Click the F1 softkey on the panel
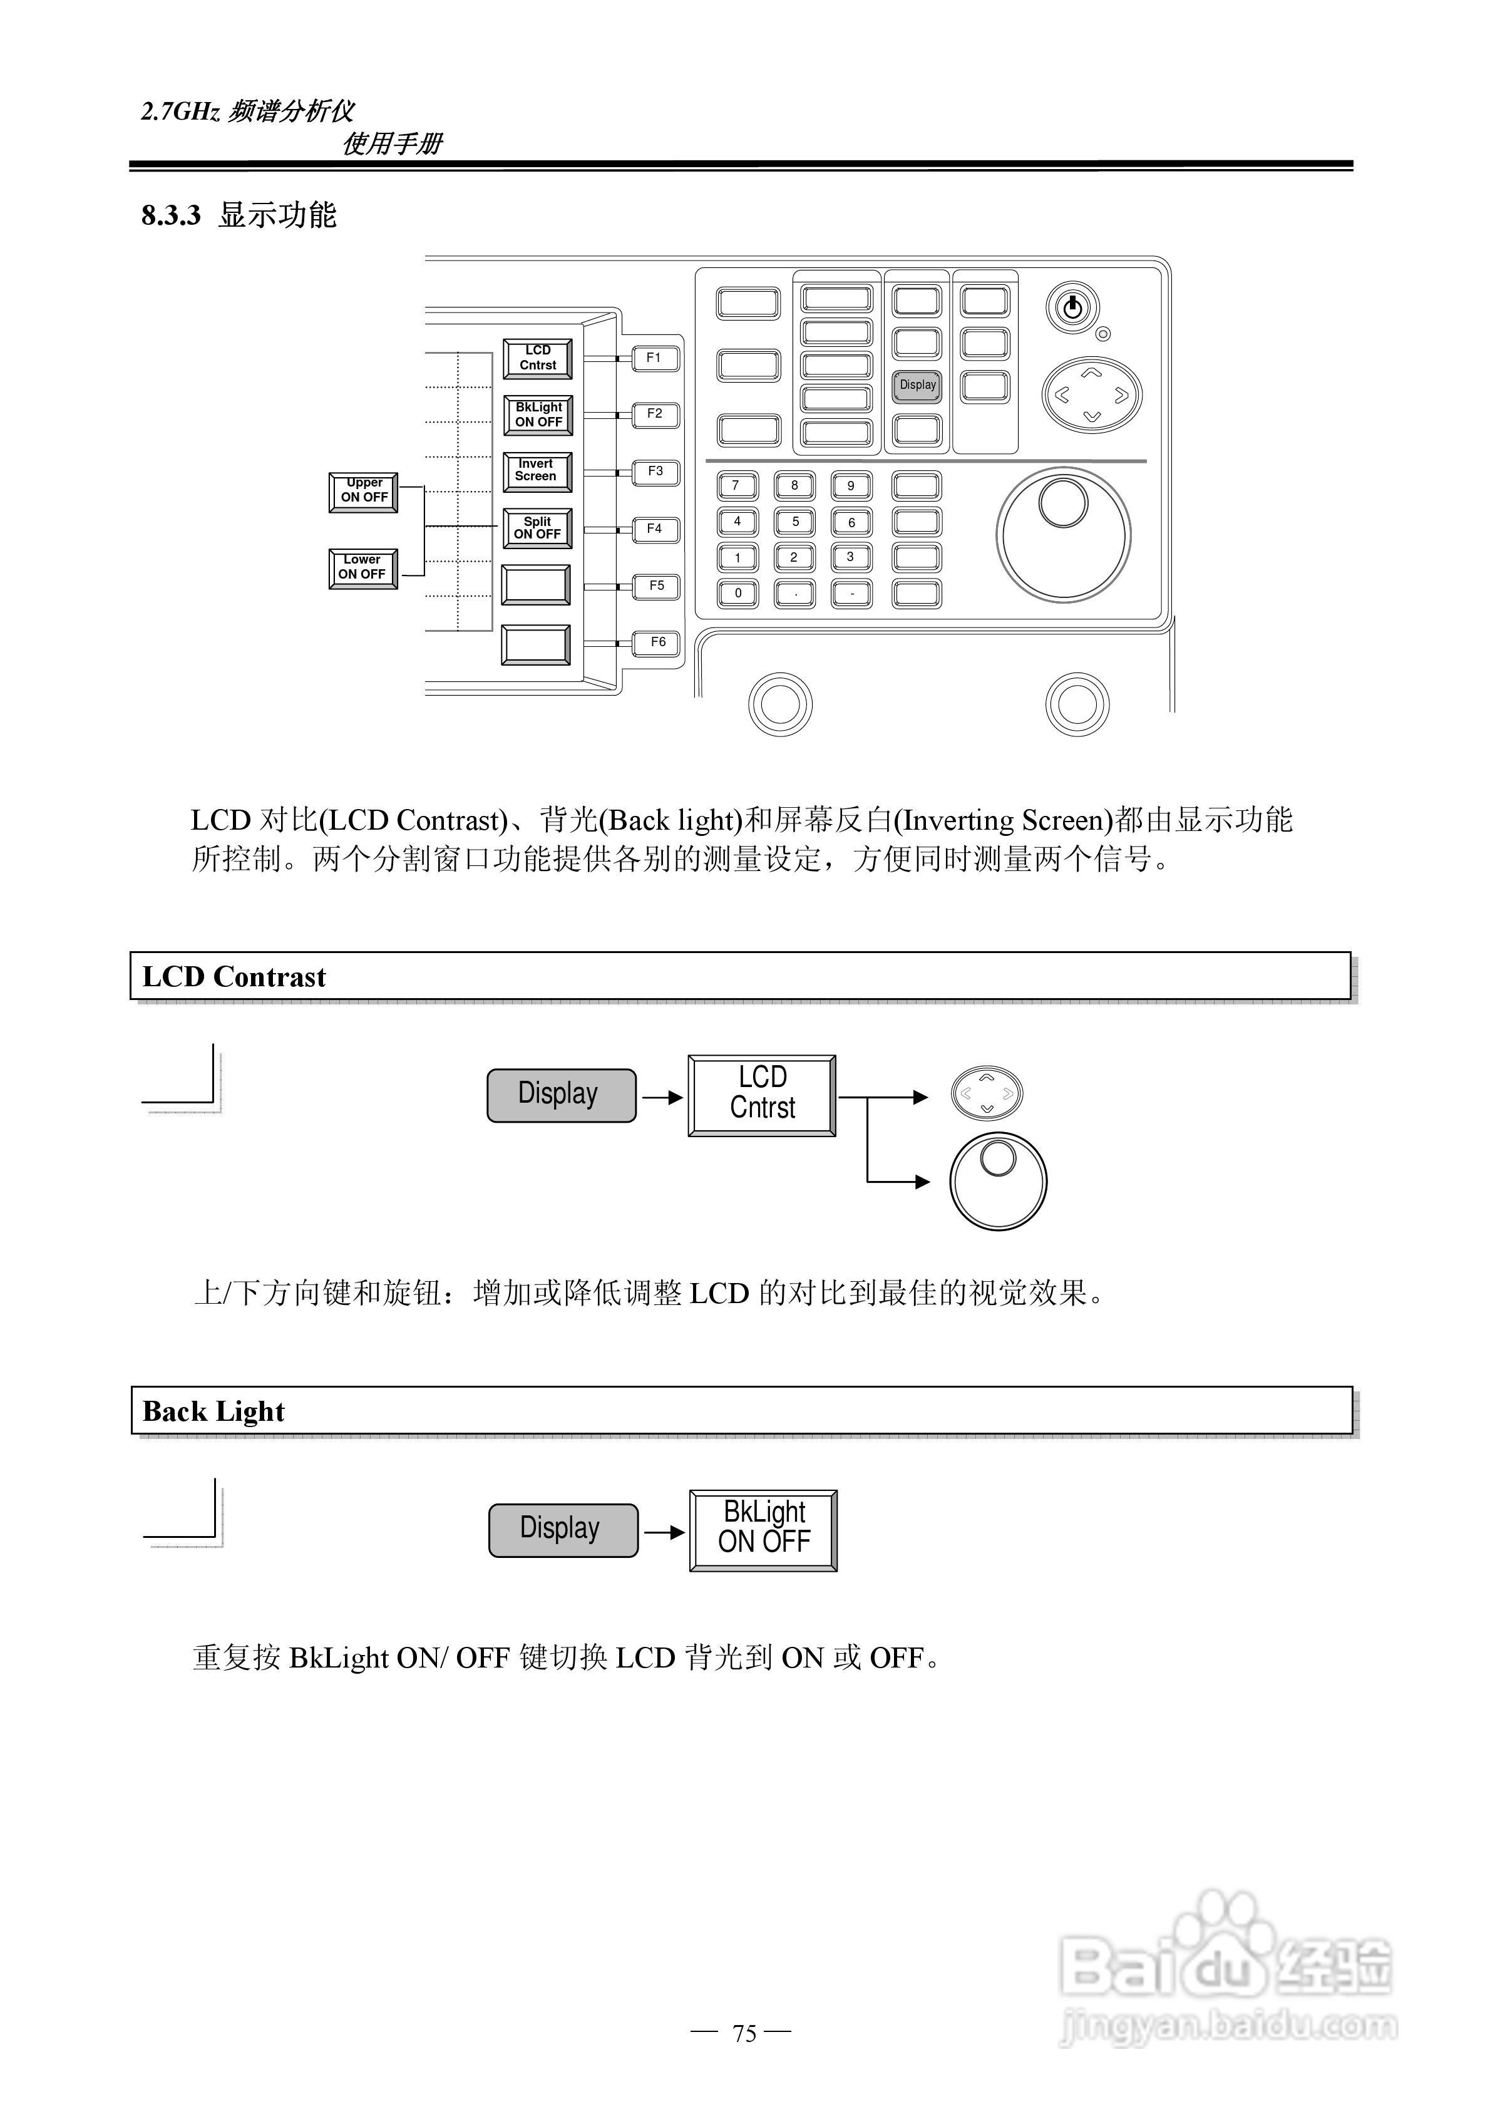click(x=655, y=358)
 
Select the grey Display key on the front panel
click(x=917, y=386)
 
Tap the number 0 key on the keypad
click(x=737, y=594)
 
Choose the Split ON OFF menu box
click(x=537, y=528)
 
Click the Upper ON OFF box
click(x=364, y=492)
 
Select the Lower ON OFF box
click(x=363, y=568)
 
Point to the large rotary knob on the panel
click(x=1063, y=535)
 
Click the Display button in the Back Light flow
click(x=562, y=1529)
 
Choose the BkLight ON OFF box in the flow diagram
click(x=763, y=1529)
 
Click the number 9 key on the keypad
click(x=851, y=486)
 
